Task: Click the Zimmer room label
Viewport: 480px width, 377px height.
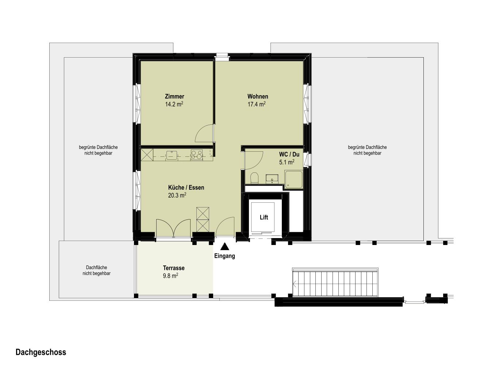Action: click(174, 97)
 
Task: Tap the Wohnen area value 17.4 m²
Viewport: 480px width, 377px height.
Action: click(257, 104)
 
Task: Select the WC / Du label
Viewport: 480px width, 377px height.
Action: click(289, 155)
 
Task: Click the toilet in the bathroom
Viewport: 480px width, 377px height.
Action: click(254, 178)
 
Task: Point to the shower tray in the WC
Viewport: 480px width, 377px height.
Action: click(294, 179)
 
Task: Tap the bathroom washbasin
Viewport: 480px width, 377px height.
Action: click(272, 179)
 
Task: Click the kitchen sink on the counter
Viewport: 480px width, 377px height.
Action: click(172, 155)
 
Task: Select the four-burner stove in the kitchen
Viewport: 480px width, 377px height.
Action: click(196, 155)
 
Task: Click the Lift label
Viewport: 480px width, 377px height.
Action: click(264, 217)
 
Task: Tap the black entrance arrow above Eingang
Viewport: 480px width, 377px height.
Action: click(225, 246)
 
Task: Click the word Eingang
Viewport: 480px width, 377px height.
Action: click(224, 256)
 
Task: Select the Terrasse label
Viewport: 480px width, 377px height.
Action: click(174, 268)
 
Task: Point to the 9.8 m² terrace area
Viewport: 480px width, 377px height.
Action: click(170, 276)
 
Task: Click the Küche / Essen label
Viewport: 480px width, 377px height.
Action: click(186, 187)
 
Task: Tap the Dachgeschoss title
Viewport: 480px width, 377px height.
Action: click(41, 352)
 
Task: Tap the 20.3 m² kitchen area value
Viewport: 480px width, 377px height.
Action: click(177, 195)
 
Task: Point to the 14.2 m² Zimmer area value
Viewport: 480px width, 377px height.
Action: click(174, 104)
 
